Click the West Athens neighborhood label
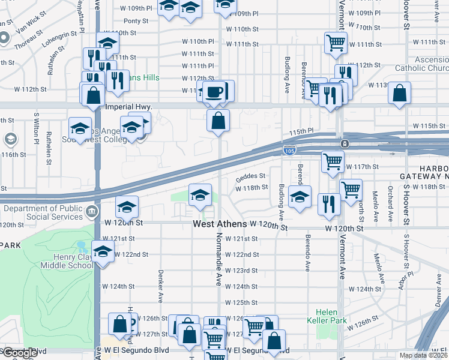click(x=220, y=224)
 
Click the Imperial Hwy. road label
click(x=128, y=106)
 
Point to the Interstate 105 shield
click(x=289, y=148)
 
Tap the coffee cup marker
click(x=213, y=92)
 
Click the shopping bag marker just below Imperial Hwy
click(x=218, y=120)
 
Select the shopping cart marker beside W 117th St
click(x=333, y=161)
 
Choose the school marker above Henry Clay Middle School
click(x=103, y=251)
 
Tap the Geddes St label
click(x=250, y=176)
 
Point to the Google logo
click(x=20, y=353)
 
